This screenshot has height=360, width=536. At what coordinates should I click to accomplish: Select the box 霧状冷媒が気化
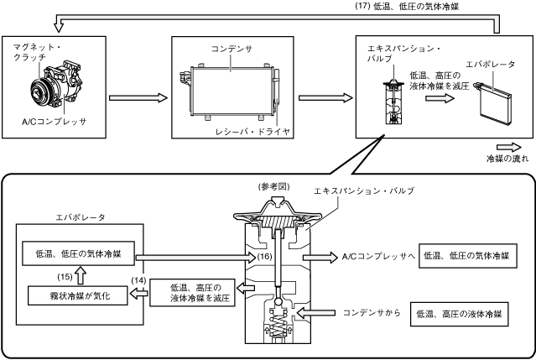point(76,295)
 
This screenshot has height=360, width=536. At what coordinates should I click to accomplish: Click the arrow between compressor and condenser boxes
point(138,97)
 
